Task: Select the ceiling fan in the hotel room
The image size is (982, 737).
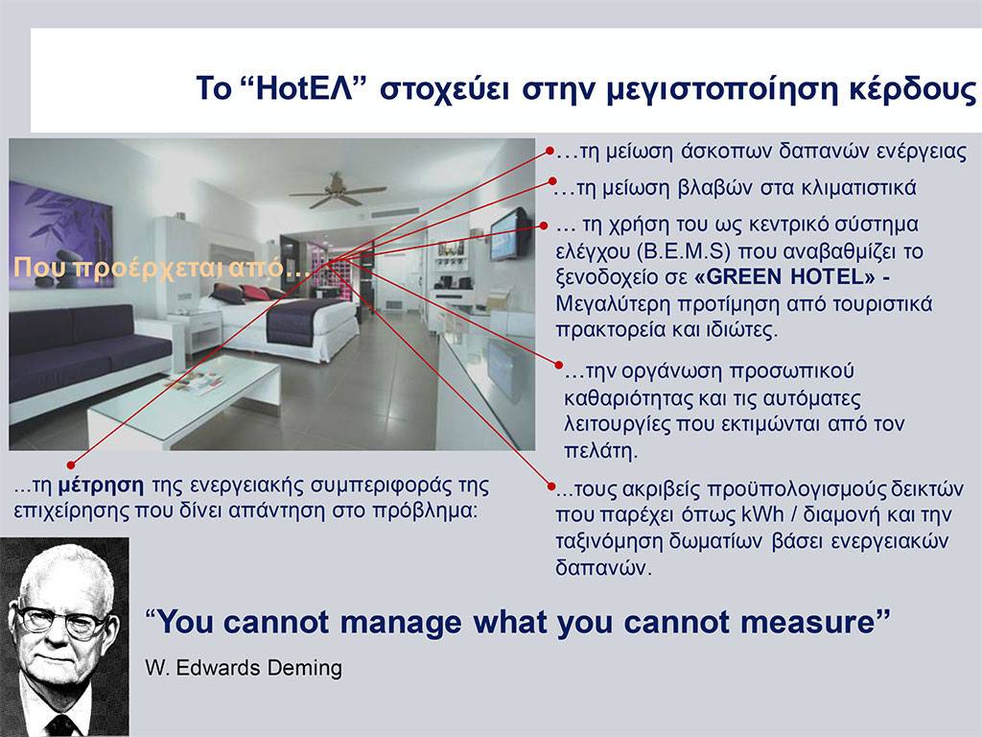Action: tap(338, 191)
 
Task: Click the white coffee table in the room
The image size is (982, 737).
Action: tap(185, 400)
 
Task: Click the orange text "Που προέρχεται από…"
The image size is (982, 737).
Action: tap(161, 269)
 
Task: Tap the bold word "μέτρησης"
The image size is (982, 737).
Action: tap(101, 486)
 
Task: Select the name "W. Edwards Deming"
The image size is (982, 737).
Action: tap(244, 668)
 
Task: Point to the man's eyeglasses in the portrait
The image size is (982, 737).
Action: tap(60, 621)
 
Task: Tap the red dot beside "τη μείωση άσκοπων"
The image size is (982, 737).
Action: tap(549, 151)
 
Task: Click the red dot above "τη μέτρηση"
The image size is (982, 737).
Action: tap(71, 465)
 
